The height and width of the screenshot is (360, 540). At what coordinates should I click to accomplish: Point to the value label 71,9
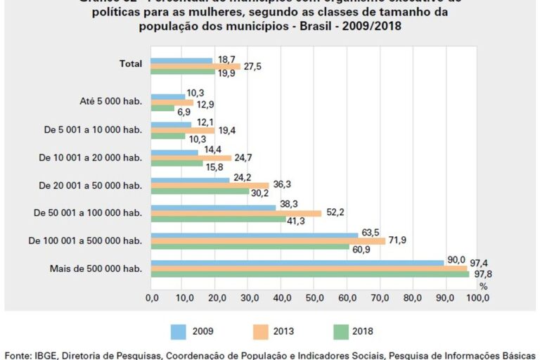(x=397, y=240)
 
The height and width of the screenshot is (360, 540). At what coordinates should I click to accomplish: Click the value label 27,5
(x=253, y=66)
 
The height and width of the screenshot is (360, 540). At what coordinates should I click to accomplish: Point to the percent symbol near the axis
(x=483, y=286)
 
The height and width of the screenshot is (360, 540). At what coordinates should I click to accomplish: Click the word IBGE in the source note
(x=49, y=354)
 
